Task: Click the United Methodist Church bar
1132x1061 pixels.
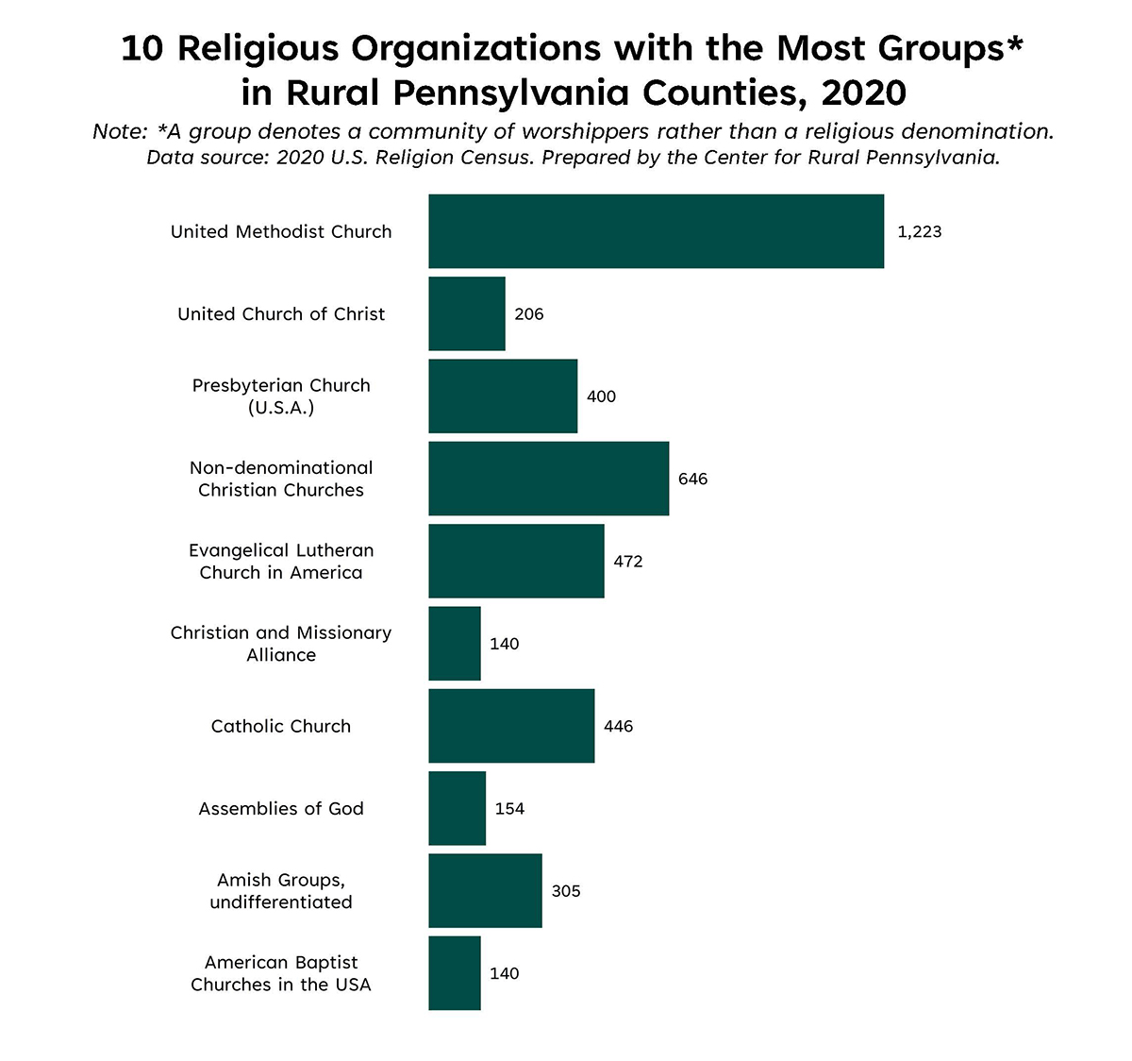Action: click(656, 231)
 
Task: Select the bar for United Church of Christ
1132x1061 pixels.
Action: click(466, 313)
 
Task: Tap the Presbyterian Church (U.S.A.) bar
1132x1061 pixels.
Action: click(502, 396)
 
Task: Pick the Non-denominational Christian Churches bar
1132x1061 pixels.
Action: click(548, 479)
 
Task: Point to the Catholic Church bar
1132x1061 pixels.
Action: click(511, 726)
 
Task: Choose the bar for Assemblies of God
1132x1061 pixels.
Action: click(457, 808)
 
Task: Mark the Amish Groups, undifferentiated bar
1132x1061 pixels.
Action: click(485, 890)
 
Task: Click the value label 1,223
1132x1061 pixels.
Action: click(919, 231)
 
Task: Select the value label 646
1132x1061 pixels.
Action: click(692, 479)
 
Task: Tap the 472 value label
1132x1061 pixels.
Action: click(627, 561)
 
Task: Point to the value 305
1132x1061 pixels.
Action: click(565, 890)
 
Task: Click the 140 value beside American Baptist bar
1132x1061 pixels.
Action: click(504, 973)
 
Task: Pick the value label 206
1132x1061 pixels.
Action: click(528, 313)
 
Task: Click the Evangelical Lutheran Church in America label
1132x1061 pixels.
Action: click(281, 561)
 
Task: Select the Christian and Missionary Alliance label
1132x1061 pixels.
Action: click(281, 644)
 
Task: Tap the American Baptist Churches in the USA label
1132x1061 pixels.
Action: click(281, 973)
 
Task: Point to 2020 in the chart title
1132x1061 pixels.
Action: click(863, 93)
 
